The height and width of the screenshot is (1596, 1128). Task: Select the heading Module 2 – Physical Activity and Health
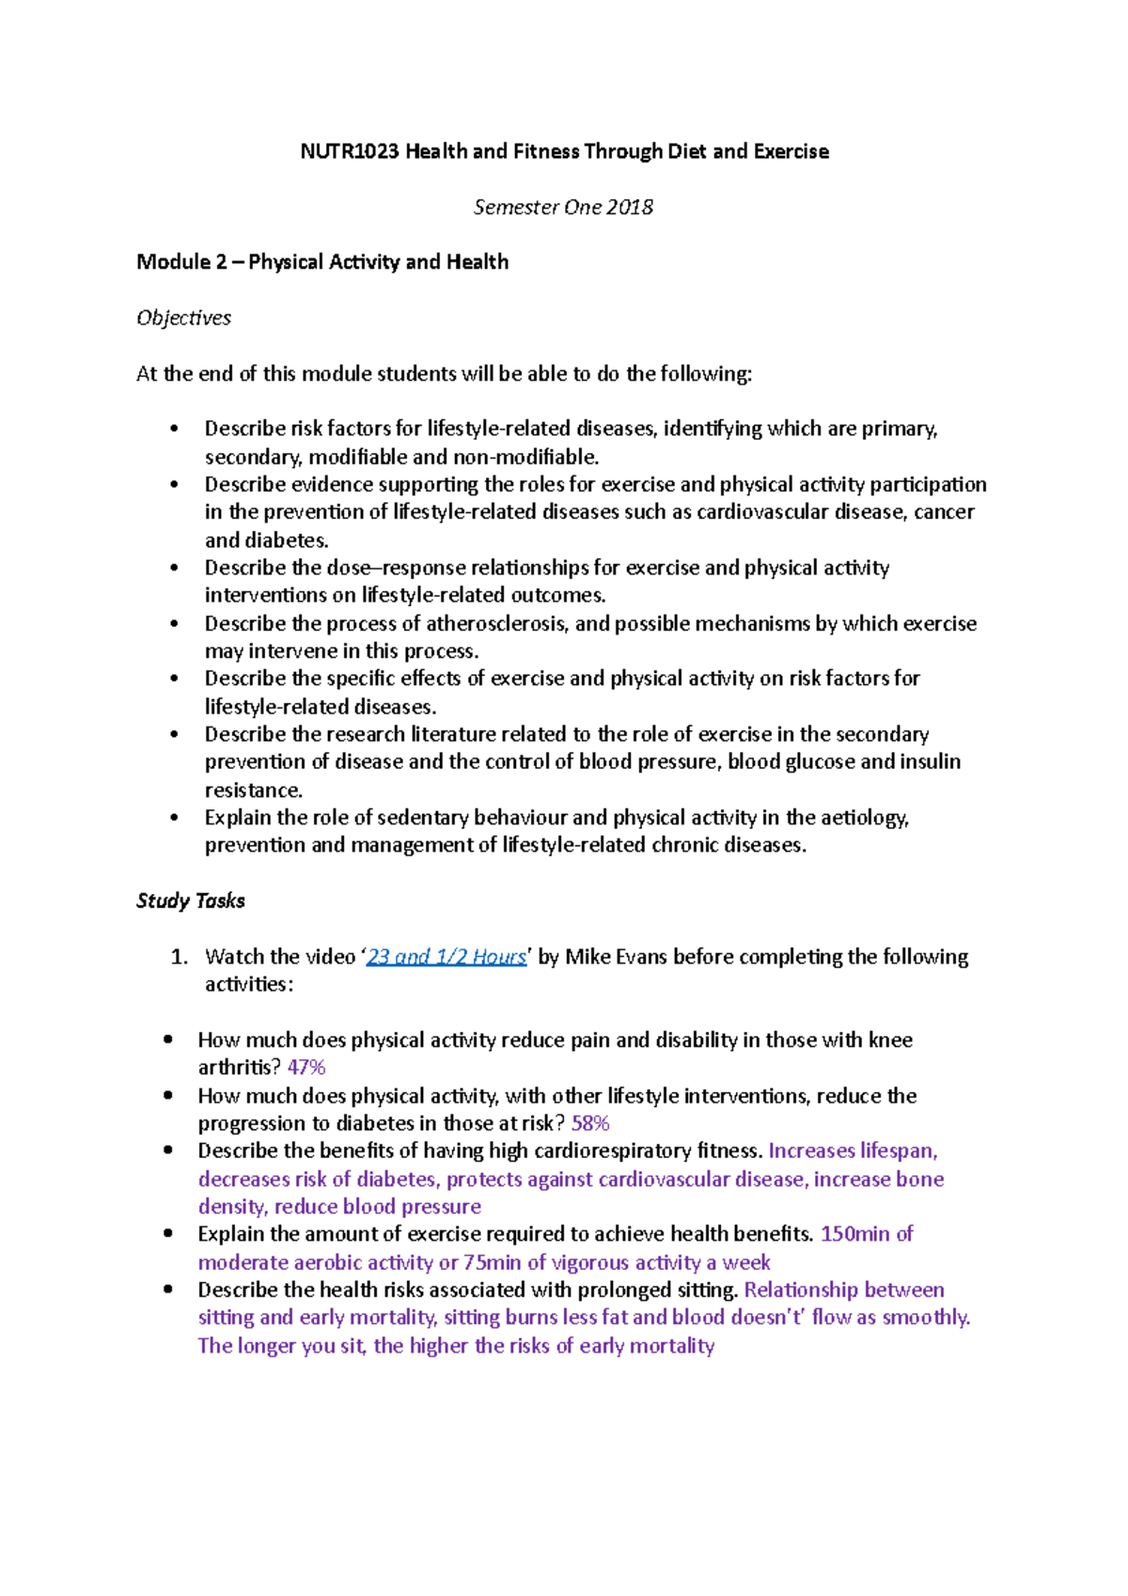[x=322, y=262]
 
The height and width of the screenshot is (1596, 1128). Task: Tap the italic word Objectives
[x=183, y=318]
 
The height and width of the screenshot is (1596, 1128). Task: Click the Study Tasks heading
[x=191, y=900]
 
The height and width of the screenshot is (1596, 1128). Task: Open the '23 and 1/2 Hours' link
[x=446, y=957]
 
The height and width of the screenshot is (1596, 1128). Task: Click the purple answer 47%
[x=306, y=1068]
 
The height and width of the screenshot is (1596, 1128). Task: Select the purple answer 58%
[x=590, y=1123]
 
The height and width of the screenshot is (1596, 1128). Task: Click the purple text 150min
[x=854, y=1234]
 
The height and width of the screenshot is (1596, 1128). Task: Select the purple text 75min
[x=492, y=1262]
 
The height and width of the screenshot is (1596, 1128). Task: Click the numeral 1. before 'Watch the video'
[x=180, y=957]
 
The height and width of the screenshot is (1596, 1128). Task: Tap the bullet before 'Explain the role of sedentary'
[x=174, y=818]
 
